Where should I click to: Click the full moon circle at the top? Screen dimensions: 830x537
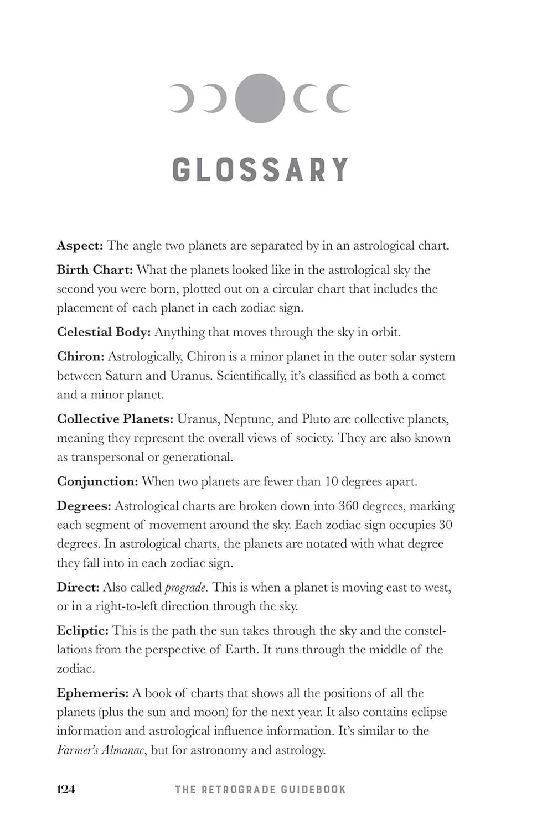(x=260, y=98)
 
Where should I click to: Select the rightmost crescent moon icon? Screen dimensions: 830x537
(x=338, y=98)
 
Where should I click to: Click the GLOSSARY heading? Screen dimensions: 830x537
(x=260, y=170)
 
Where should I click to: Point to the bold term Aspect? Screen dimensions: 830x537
(x=80, y=246)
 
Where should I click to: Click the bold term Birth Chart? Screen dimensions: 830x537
(x=95, y=270)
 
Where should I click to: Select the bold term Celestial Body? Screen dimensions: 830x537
(x=104, y=332)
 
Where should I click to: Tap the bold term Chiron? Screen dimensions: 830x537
(x=80, y=357)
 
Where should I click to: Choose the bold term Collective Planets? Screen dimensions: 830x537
(x=115, y=419)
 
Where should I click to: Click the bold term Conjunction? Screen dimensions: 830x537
(x=97, y=481)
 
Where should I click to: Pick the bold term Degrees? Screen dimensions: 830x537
(x=84, y=506)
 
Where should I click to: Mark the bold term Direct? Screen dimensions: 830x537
(x=78, y=587)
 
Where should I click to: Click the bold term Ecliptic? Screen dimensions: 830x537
(x=82, y=631)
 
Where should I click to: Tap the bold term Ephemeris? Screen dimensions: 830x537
(x=92, y=693)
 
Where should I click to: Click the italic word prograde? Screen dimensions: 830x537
(x=185, y=588)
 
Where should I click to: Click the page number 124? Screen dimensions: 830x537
(x=66, y=789)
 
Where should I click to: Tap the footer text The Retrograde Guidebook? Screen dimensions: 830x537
(x=260, y=790)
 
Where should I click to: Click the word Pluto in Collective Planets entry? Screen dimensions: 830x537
(x=316, y=419)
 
